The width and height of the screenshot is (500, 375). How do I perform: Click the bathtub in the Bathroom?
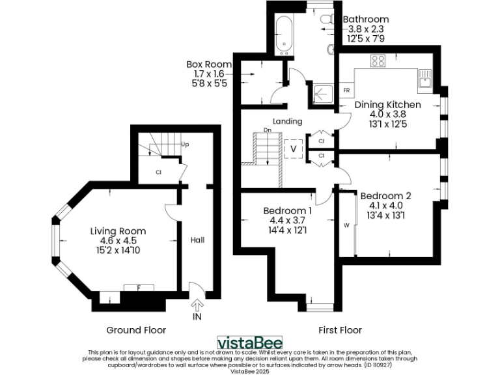[x=285, y=33]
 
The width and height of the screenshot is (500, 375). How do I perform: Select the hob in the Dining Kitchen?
[x=378, y=61]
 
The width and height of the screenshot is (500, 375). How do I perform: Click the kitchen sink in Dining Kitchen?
[x=425, y=79]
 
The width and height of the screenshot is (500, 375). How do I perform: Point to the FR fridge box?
[x=346, y=89]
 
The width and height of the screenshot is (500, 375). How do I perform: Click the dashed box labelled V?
[x=294, y=148]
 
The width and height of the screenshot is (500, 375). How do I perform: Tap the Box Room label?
[x=209, y=64]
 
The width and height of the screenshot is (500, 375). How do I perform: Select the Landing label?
[x=287, y=121]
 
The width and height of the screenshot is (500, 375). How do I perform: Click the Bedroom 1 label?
[x=287, y=210]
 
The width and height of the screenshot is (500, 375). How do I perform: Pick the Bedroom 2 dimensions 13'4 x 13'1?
[x=386, y=215]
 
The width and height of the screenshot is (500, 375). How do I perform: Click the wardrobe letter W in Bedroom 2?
[x=346, y=225]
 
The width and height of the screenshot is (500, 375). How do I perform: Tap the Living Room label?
[x=118, y=231]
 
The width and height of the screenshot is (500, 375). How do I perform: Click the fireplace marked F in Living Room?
[x=138, y=287]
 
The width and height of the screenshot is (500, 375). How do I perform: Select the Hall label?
[x=197, y=240]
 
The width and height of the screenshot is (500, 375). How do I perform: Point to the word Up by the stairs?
[x=185, y=144]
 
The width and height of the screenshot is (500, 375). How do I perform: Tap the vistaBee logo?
[x=249, y=342]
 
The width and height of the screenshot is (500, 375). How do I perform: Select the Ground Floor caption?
[x=136, y=330]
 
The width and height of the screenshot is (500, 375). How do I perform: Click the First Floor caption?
[x=339, y=330]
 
